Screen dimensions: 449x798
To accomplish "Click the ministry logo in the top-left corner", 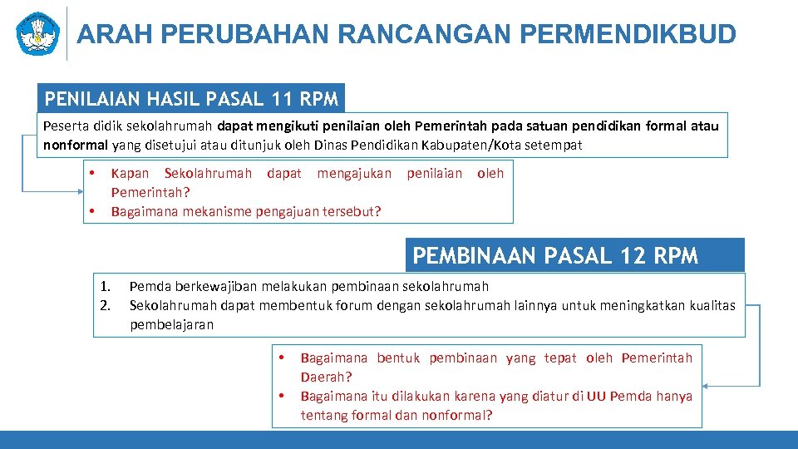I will (38, 33).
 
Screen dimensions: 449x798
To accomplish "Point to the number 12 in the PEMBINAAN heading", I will (632, 256).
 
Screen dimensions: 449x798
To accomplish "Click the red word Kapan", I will (130, 173).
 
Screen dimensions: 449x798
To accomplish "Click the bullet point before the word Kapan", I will (92, 173).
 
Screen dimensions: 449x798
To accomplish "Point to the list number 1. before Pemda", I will (106, 287).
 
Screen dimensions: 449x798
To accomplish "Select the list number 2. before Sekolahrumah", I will (106, 305).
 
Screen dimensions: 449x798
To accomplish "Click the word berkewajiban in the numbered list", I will (204, 287).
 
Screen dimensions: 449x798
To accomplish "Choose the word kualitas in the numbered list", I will (710, 305).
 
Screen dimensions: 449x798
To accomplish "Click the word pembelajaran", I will (171, 324).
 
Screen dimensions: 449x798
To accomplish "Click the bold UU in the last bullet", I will (596, 396).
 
